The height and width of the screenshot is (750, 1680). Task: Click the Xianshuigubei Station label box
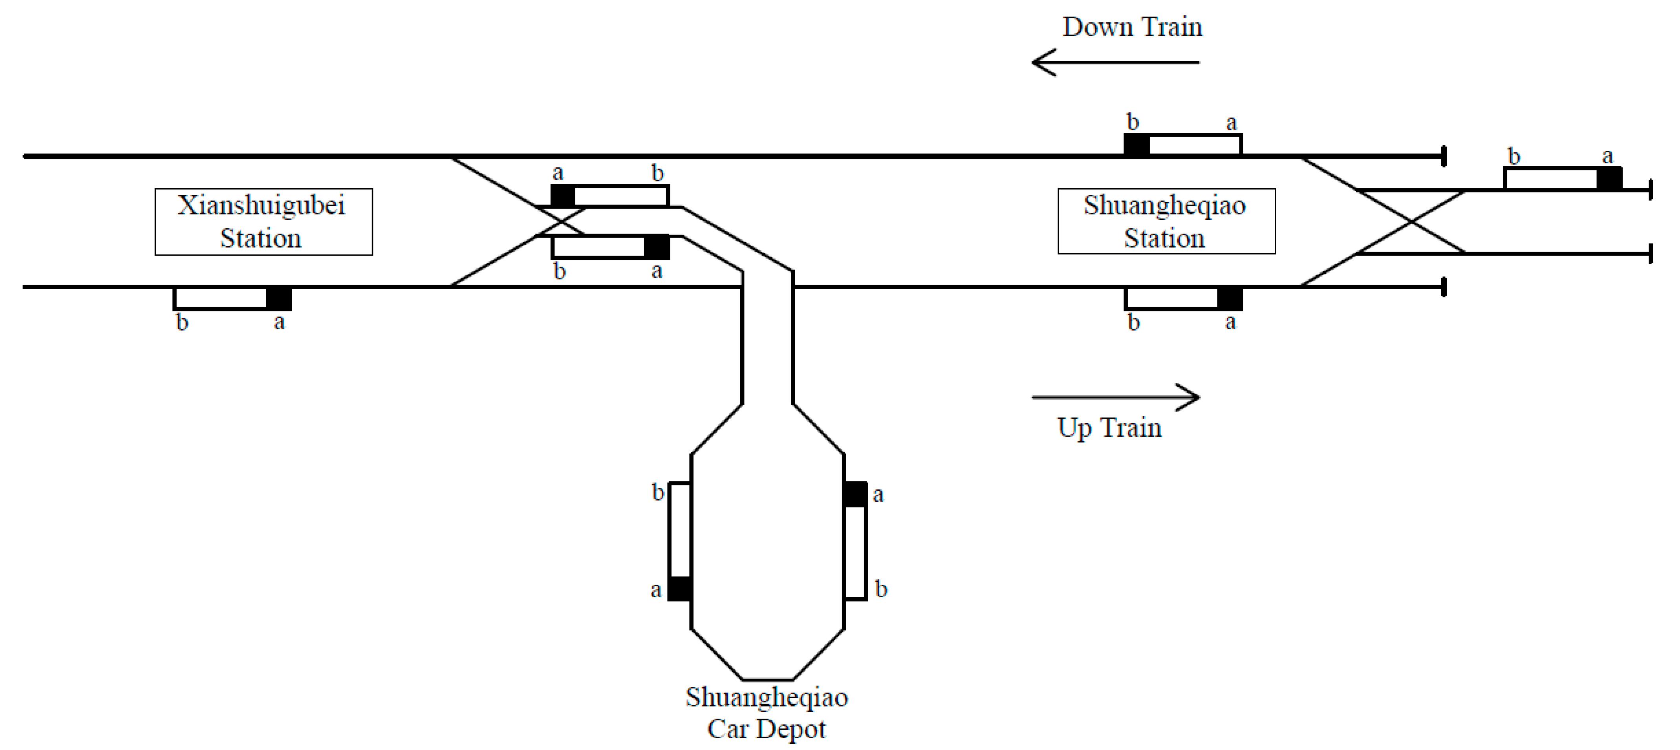pos(264,222)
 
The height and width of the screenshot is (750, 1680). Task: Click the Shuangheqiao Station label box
pos(1166,222)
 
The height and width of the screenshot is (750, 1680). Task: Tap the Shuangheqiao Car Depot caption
pos(766,713)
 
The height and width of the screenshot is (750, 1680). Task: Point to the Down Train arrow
pos(1115,62)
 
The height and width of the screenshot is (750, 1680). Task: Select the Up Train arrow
pos(1115,397)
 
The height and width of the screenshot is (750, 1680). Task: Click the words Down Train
pos(1132,27)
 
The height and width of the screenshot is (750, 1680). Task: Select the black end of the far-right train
pos(1609,179)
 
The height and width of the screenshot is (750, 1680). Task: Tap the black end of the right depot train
pos(855,494)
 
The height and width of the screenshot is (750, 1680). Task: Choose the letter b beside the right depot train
pos(880,589)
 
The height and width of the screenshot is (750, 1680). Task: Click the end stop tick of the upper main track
pos(1444,157)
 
